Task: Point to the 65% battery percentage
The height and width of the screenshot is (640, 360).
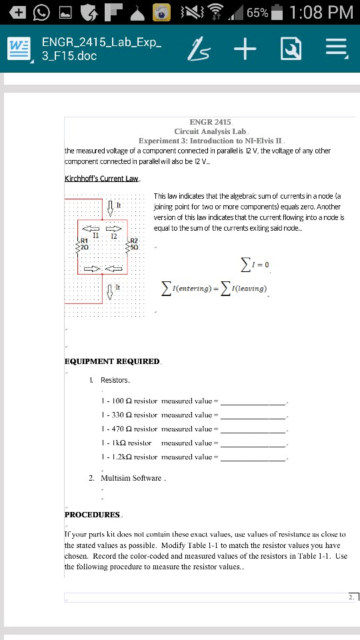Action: [257, 13]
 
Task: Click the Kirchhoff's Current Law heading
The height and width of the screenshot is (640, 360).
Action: [101, 179]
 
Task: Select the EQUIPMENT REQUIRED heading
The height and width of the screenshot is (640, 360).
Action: [112, 361]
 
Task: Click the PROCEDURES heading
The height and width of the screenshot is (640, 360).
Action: [92, 514]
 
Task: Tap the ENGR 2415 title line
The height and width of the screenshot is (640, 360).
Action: [210, 123]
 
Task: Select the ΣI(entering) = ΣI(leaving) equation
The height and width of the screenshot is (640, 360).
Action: [215, 288]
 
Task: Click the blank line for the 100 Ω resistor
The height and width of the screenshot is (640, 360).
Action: [253, 402]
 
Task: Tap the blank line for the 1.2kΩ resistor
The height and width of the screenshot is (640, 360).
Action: [253, 458]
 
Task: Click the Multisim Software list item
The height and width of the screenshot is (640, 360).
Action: [131, 478]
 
